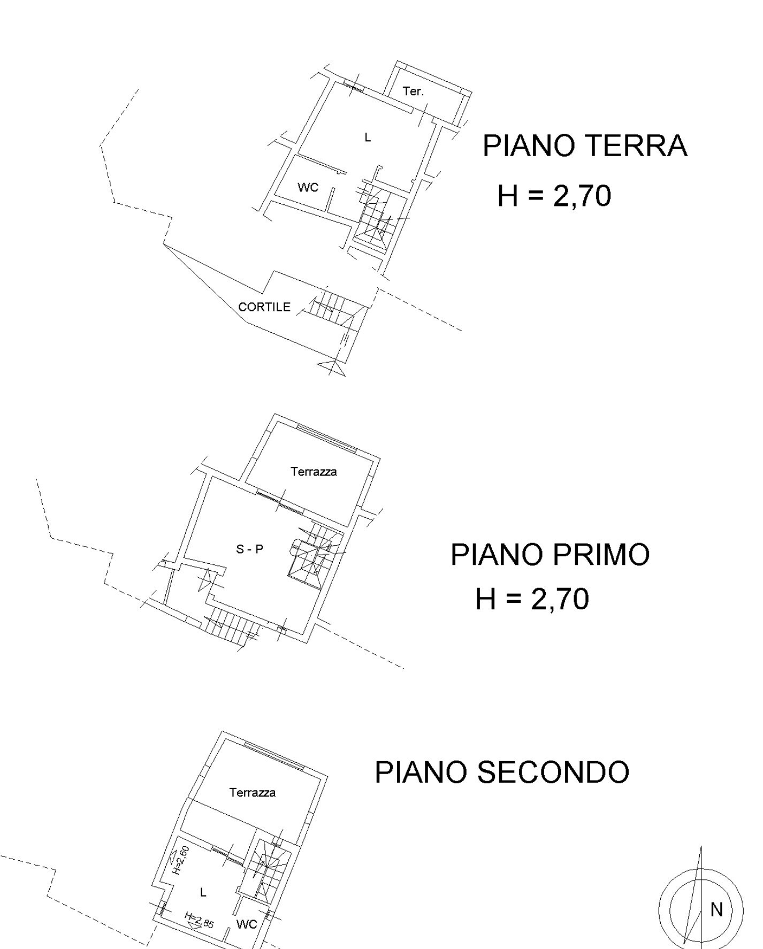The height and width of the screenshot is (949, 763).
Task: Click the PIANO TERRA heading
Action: click(x=585, y=146)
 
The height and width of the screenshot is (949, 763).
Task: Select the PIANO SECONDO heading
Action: click(x=502, y=772)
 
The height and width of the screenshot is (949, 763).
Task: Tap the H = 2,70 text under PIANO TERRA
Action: click(x=554, y=196)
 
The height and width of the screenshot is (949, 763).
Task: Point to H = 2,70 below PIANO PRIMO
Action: click(x=532, y=599)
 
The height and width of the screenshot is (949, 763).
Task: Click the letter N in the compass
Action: click(x=716, y=909)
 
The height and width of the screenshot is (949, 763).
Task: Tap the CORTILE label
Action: click(x=264, y=307)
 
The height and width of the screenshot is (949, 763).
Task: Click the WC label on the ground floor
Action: click(x=308, y=187)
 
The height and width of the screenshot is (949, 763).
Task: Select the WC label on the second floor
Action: click(x=246, y=924)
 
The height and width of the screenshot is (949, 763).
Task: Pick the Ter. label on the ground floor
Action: click(x=413, y=91)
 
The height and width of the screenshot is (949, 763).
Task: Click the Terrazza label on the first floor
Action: click(x=314, y=472)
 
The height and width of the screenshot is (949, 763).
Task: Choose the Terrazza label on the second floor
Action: click(x=253, y=793)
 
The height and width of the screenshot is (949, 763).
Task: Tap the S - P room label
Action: click(x=250, y=549)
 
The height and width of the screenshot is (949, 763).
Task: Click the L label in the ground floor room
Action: click(x=368, y=138)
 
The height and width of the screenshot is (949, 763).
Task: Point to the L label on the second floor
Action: click(x=203, y=892)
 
